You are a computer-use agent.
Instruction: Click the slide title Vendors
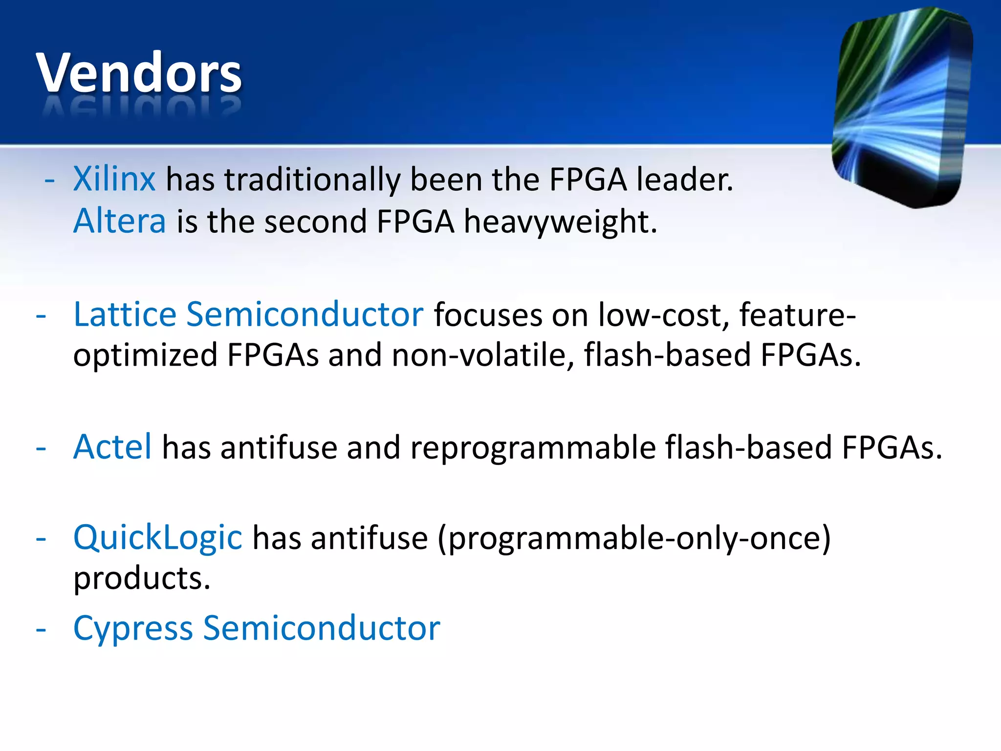tap(139, 73)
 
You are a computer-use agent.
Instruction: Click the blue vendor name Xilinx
tap(114, 179)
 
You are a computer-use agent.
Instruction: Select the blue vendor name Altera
tap(120, 221)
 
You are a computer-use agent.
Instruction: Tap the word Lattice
tap(125, 314)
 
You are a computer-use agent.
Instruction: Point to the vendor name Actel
tap(112, 447)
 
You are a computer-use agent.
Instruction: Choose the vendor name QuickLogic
tap(157, 537)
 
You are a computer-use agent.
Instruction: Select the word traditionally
tap(312, 180)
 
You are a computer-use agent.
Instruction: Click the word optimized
tap(145, 356)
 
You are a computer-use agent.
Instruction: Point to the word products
tap(142, 579)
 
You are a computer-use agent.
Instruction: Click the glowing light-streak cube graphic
tap(902, 108)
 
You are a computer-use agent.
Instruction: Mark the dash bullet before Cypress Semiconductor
tap(41, 629)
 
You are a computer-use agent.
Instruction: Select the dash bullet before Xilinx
tap(49, 180)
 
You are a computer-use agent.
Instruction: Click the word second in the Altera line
tap(315, 221)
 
